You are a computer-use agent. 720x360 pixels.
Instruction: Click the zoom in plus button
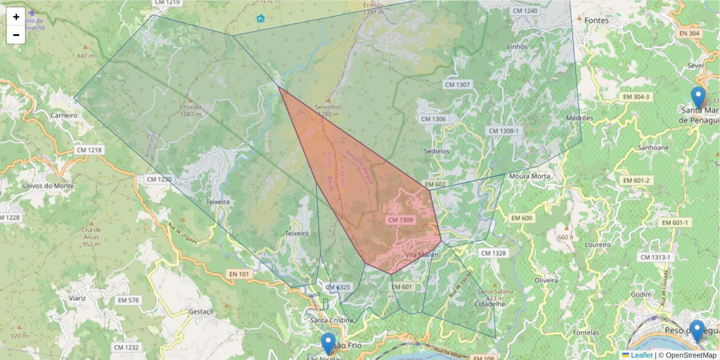click(x=16, y=17)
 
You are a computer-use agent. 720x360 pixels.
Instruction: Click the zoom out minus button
click(x=16, y=35)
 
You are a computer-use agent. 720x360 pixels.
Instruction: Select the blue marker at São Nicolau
click(x=328, y=344)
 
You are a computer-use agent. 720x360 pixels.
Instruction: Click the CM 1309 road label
click(x=401, y=220)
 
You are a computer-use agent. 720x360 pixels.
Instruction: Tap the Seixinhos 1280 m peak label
click(x=328, y=110)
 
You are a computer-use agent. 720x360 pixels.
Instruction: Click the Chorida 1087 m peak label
click(x=190, y=110)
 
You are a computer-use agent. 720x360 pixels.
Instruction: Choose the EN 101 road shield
click(x=239, y=274)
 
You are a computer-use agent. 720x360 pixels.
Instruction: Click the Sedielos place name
click(x=436, y=151)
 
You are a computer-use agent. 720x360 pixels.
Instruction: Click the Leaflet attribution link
click(x=641, y=355)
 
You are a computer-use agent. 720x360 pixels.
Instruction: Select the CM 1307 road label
click(x=457, y=85)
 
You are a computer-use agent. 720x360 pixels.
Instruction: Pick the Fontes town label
click(x=596, y=20)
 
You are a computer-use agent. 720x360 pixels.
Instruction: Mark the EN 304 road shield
click(x=686, y=34)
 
